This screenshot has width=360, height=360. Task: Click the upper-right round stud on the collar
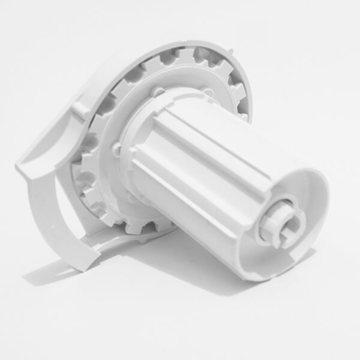click(207, 92)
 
